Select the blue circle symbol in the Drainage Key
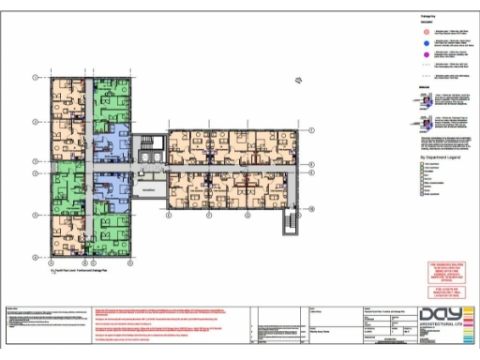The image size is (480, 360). (398, 43)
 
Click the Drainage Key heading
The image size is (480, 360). (404, 17)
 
